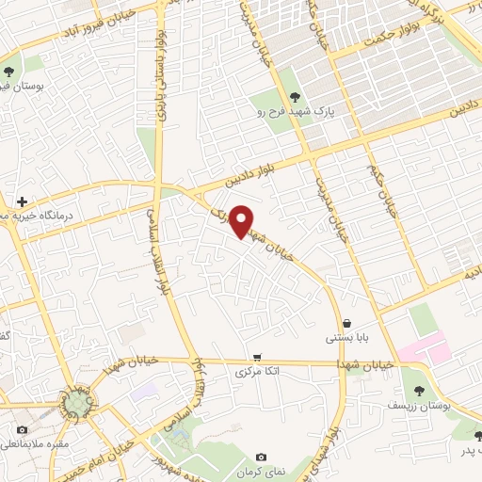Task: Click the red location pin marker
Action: [242, 221]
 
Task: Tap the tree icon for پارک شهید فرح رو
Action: [296, 96]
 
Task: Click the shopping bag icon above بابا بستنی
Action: [347, 323]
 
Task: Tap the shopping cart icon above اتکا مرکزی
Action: [257, 357]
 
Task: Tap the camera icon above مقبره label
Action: [21, 429]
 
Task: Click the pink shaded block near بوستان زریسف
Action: [422, 351]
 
